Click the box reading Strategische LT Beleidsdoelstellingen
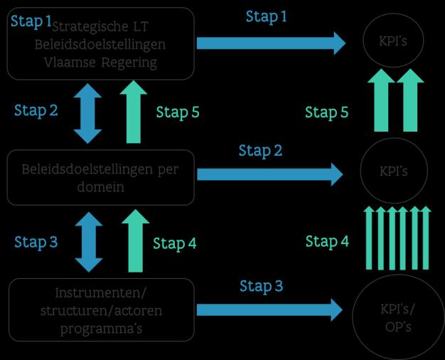click(x=100, y=43)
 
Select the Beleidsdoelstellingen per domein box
click(x=100, y=177)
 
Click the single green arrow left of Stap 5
click(x=134, y=112)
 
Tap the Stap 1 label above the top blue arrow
click(x=267, y=16)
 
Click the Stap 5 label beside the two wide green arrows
click(x=326, y=112)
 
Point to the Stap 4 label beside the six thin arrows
click(x=327, y=242)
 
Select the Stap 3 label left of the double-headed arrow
click(x=36, y=242)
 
